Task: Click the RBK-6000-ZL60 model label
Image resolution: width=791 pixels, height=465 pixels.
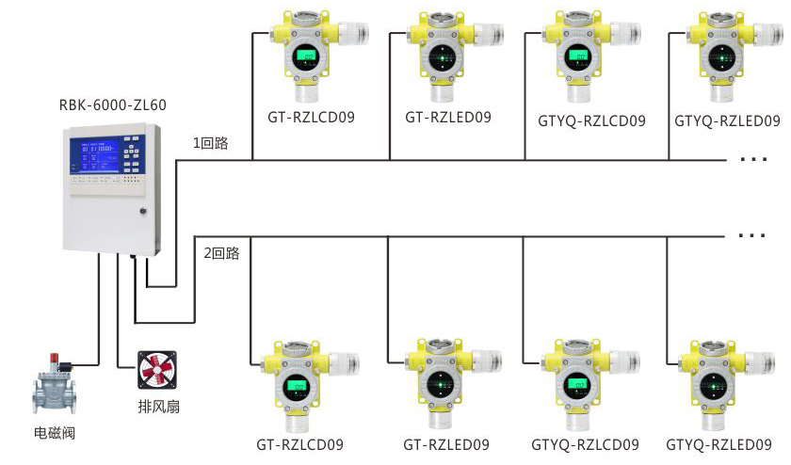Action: coord(112,104)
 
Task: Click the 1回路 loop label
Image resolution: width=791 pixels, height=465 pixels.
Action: coord(211,144)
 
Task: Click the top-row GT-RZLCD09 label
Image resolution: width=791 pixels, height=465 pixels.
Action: coord(311,119)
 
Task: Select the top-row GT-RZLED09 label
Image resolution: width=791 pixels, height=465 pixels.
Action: coord(448,118)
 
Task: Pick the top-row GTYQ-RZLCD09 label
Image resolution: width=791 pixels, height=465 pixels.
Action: coord(591,120)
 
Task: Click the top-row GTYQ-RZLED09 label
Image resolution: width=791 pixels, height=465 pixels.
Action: coord(728,120)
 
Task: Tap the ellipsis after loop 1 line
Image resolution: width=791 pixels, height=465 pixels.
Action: coord(753,161)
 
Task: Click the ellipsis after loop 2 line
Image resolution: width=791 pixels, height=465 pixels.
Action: coord(753,235)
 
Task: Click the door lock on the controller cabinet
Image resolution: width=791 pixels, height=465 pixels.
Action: coord(143,209)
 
